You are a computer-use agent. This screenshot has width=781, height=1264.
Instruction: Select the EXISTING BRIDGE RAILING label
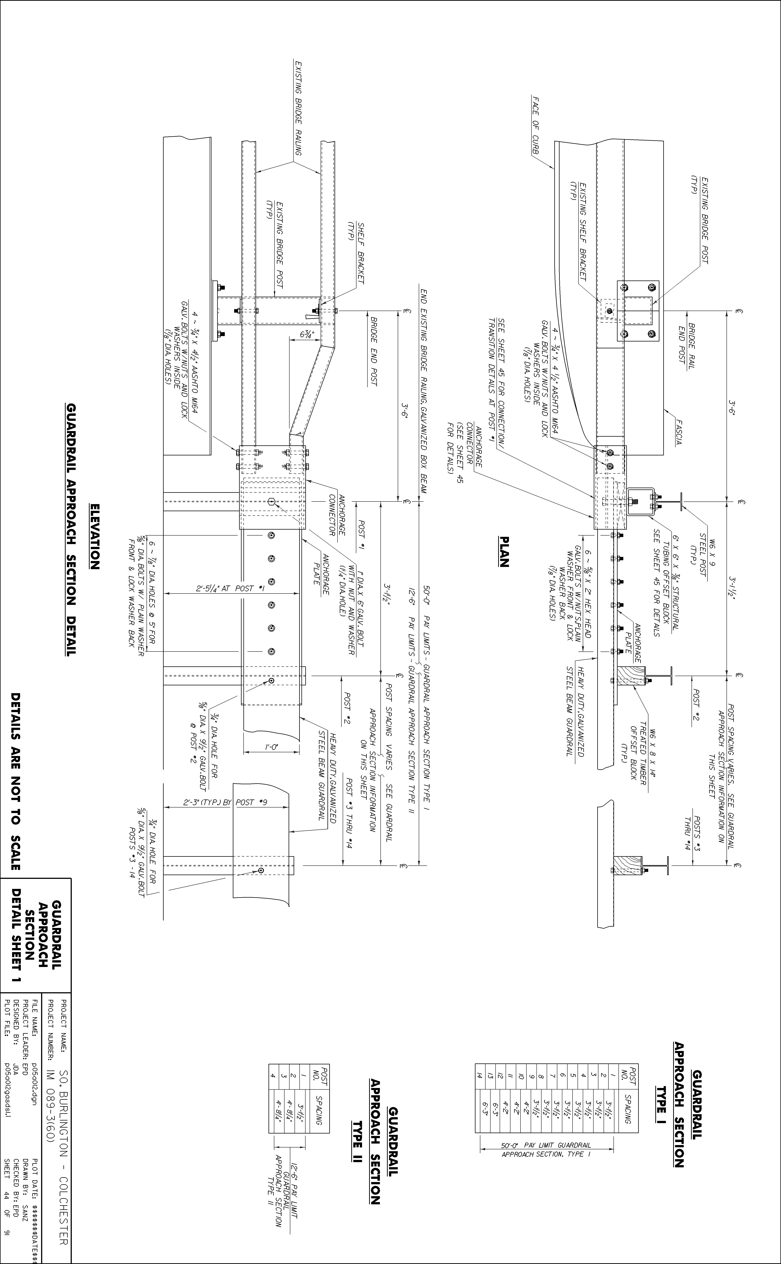298,108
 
